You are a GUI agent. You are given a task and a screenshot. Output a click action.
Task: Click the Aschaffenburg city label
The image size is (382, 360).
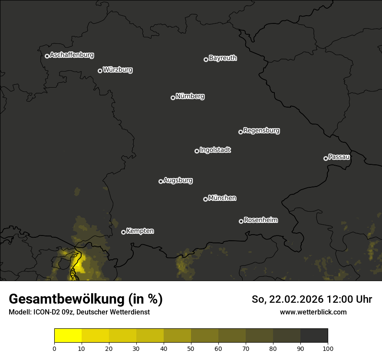pyautogui.click(x=72, y=55)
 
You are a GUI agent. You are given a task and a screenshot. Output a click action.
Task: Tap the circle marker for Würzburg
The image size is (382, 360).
pyautogui.click(x=100, y=71)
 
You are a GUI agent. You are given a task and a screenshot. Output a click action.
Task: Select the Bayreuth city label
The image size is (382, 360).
pyautogui.click(x=223, y=58)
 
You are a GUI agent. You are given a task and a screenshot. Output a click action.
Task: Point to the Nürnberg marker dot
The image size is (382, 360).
pyautogui.click(x=173, y=98)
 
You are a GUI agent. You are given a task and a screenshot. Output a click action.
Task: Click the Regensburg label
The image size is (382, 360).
pyautogui.click(x=261, y=130)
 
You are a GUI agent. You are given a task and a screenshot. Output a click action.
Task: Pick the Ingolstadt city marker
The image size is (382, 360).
pyautogui.click(x=197, y=151)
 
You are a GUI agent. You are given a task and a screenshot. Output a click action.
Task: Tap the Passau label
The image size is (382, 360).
pyautogui.click(x=339, y=157)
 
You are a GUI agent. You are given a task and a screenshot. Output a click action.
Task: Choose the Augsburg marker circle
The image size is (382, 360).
pyautogui.click(x=161, y=181)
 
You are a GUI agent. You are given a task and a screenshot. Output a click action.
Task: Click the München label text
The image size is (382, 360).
pyautogui.click(x=222, y=198)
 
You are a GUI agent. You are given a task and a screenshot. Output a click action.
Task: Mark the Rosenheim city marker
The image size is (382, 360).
pyautogui.click(x=241, y=221)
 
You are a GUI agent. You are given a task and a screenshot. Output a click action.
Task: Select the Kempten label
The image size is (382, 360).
pyautogui.click(x=140, y=231)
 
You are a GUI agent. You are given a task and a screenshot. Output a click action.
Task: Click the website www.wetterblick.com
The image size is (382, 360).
pyautogui.click(x=313, y=312)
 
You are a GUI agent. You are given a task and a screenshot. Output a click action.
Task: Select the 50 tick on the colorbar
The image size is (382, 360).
pyautogui.click(x=191, y=348)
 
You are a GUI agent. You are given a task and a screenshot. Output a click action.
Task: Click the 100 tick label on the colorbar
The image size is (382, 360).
pyautogui.click(x=328, y=348)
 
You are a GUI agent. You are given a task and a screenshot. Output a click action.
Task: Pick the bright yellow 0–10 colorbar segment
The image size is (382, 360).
pyautogui.click(x=68, y=336)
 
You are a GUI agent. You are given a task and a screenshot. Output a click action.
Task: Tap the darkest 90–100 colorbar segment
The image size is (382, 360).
pyautogui.click(x=314, y=336)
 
